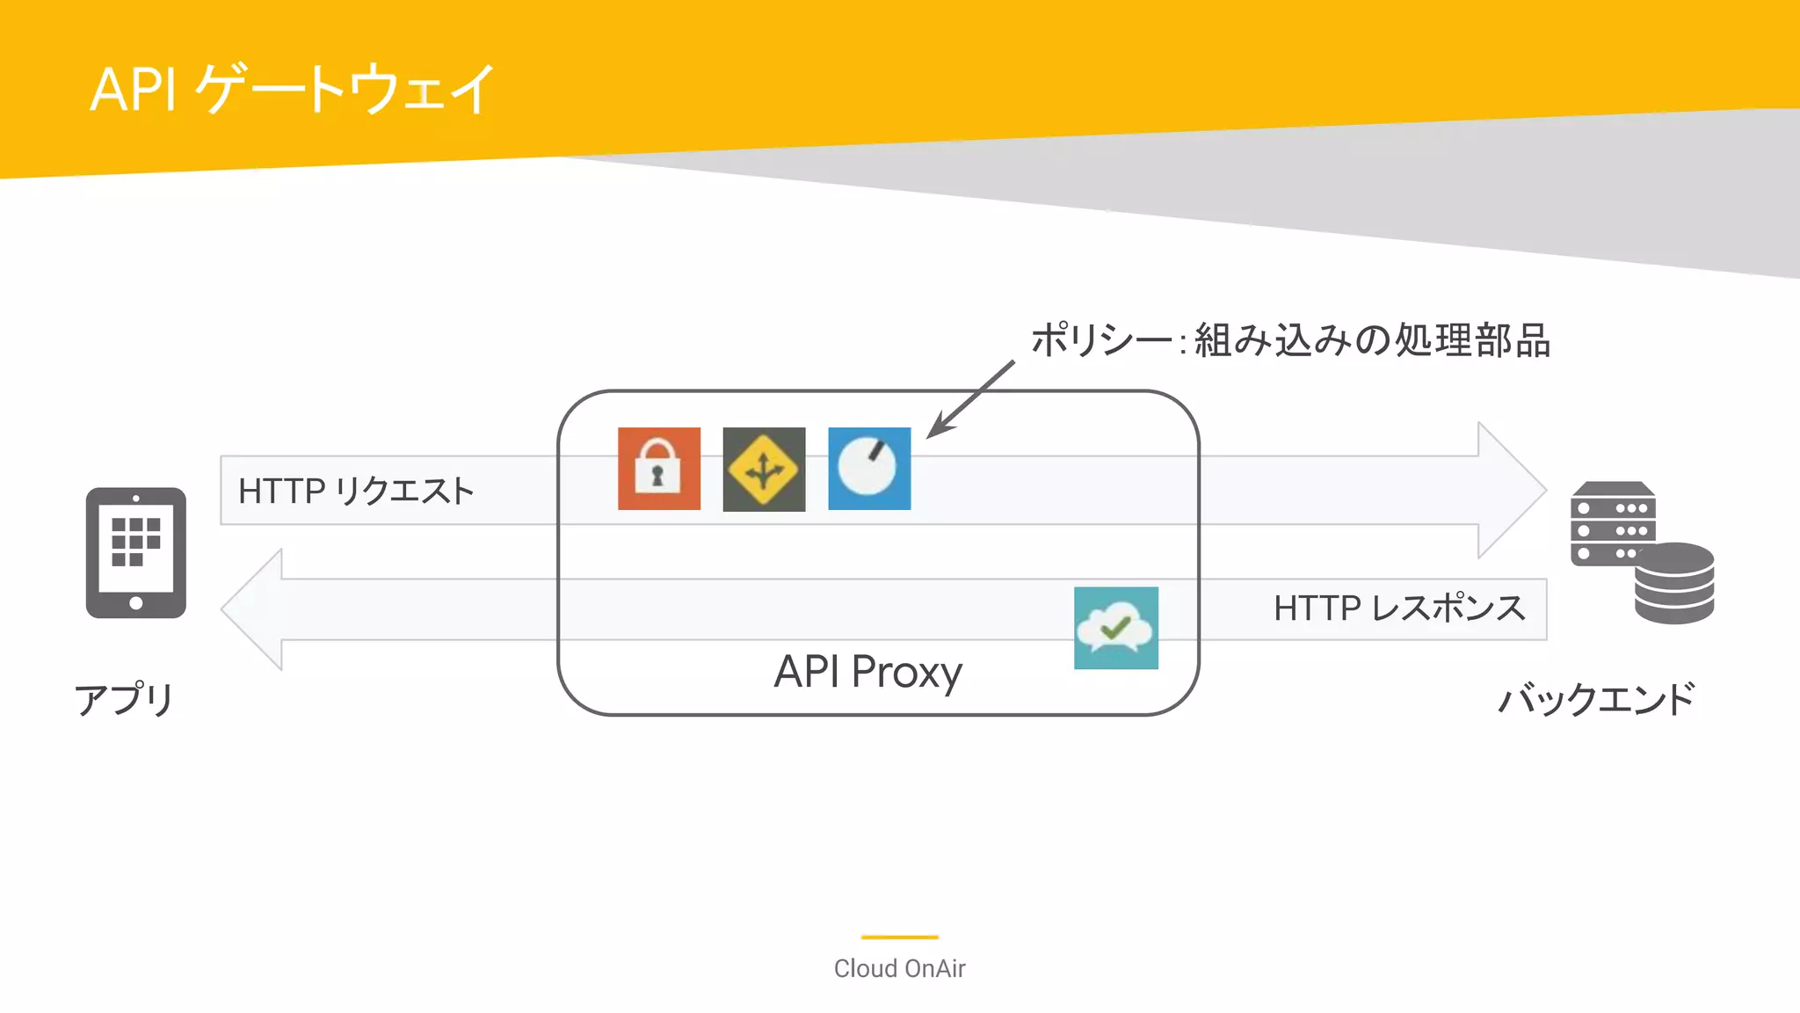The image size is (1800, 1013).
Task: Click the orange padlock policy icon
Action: (x=659, y=469)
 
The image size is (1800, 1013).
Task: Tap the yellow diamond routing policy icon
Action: (x=764, y=469)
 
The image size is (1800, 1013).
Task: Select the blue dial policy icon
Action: (x=869, y=469)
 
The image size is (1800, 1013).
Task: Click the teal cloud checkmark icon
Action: (x=1115, y=628)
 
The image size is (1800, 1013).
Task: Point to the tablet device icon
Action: (x=136, y=553)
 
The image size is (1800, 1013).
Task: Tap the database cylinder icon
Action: (x=1674, y=584)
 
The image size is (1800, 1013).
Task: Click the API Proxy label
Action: (x=867, y=672)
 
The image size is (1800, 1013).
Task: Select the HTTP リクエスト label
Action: (x=356, y=491)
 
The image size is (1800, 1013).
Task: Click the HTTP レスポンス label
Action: (x=1399, y=609)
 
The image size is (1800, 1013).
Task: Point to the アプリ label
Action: (x=124, y=700)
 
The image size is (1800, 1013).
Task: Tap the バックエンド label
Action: (x=1596, y=700)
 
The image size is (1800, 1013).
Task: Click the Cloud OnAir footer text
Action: (x=899, y=968)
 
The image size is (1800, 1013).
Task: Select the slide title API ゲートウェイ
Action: (x=293, y=89)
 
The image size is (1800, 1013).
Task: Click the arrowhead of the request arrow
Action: (x=1510, y=490)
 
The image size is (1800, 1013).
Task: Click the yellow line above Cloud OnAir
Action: (x=899, y=937)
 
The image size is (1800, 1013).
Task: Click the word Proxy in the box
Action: (x=906, y=673)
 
